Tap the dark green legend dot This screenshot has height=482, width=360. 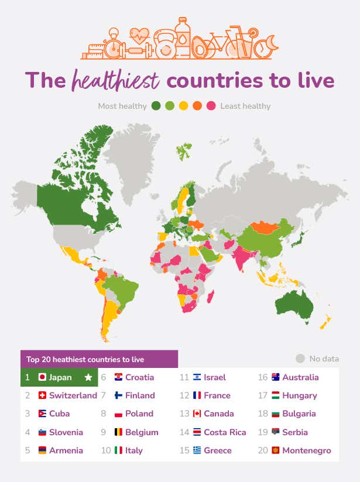156,106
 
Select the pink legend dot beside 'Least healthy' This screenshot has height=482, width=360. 211,106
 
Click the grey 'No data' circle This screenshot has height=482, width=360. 300,359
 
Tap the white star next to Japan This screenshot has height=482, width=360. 88,377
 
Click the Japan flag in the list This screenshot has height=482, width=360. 42,377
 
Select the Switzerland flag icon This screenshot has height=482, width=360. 42,395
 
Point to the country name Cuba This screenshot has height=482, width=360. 60,414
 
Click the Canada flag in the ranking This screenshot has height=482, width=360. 197,414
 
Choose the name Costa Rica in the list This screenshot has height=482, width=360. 225,432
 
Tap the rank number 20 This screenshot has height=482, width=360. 263,450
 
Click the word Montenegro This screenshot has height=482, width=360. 306,450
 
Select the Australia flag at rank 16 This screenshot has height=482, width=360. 276,377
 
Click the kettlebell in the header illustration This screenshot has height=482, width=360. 164,46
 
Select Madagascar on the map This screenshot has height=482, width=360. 210,295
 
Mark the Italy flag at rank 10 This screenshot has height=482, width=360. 119,450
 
